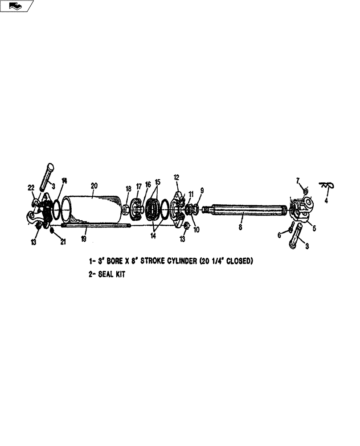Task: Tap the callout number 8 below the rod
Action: (x=241, y=227)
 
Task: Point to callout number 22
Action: (x=31, y=188)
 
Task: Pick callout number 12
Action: (x=176, y=178)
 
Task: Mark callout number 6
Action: (x=280, y=235)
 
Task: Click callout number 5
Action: (x=314, y=228)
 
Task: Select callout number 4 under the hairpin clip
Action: (x=326, y=201)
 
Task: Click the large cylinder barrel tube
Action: (x=94, y=210)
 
